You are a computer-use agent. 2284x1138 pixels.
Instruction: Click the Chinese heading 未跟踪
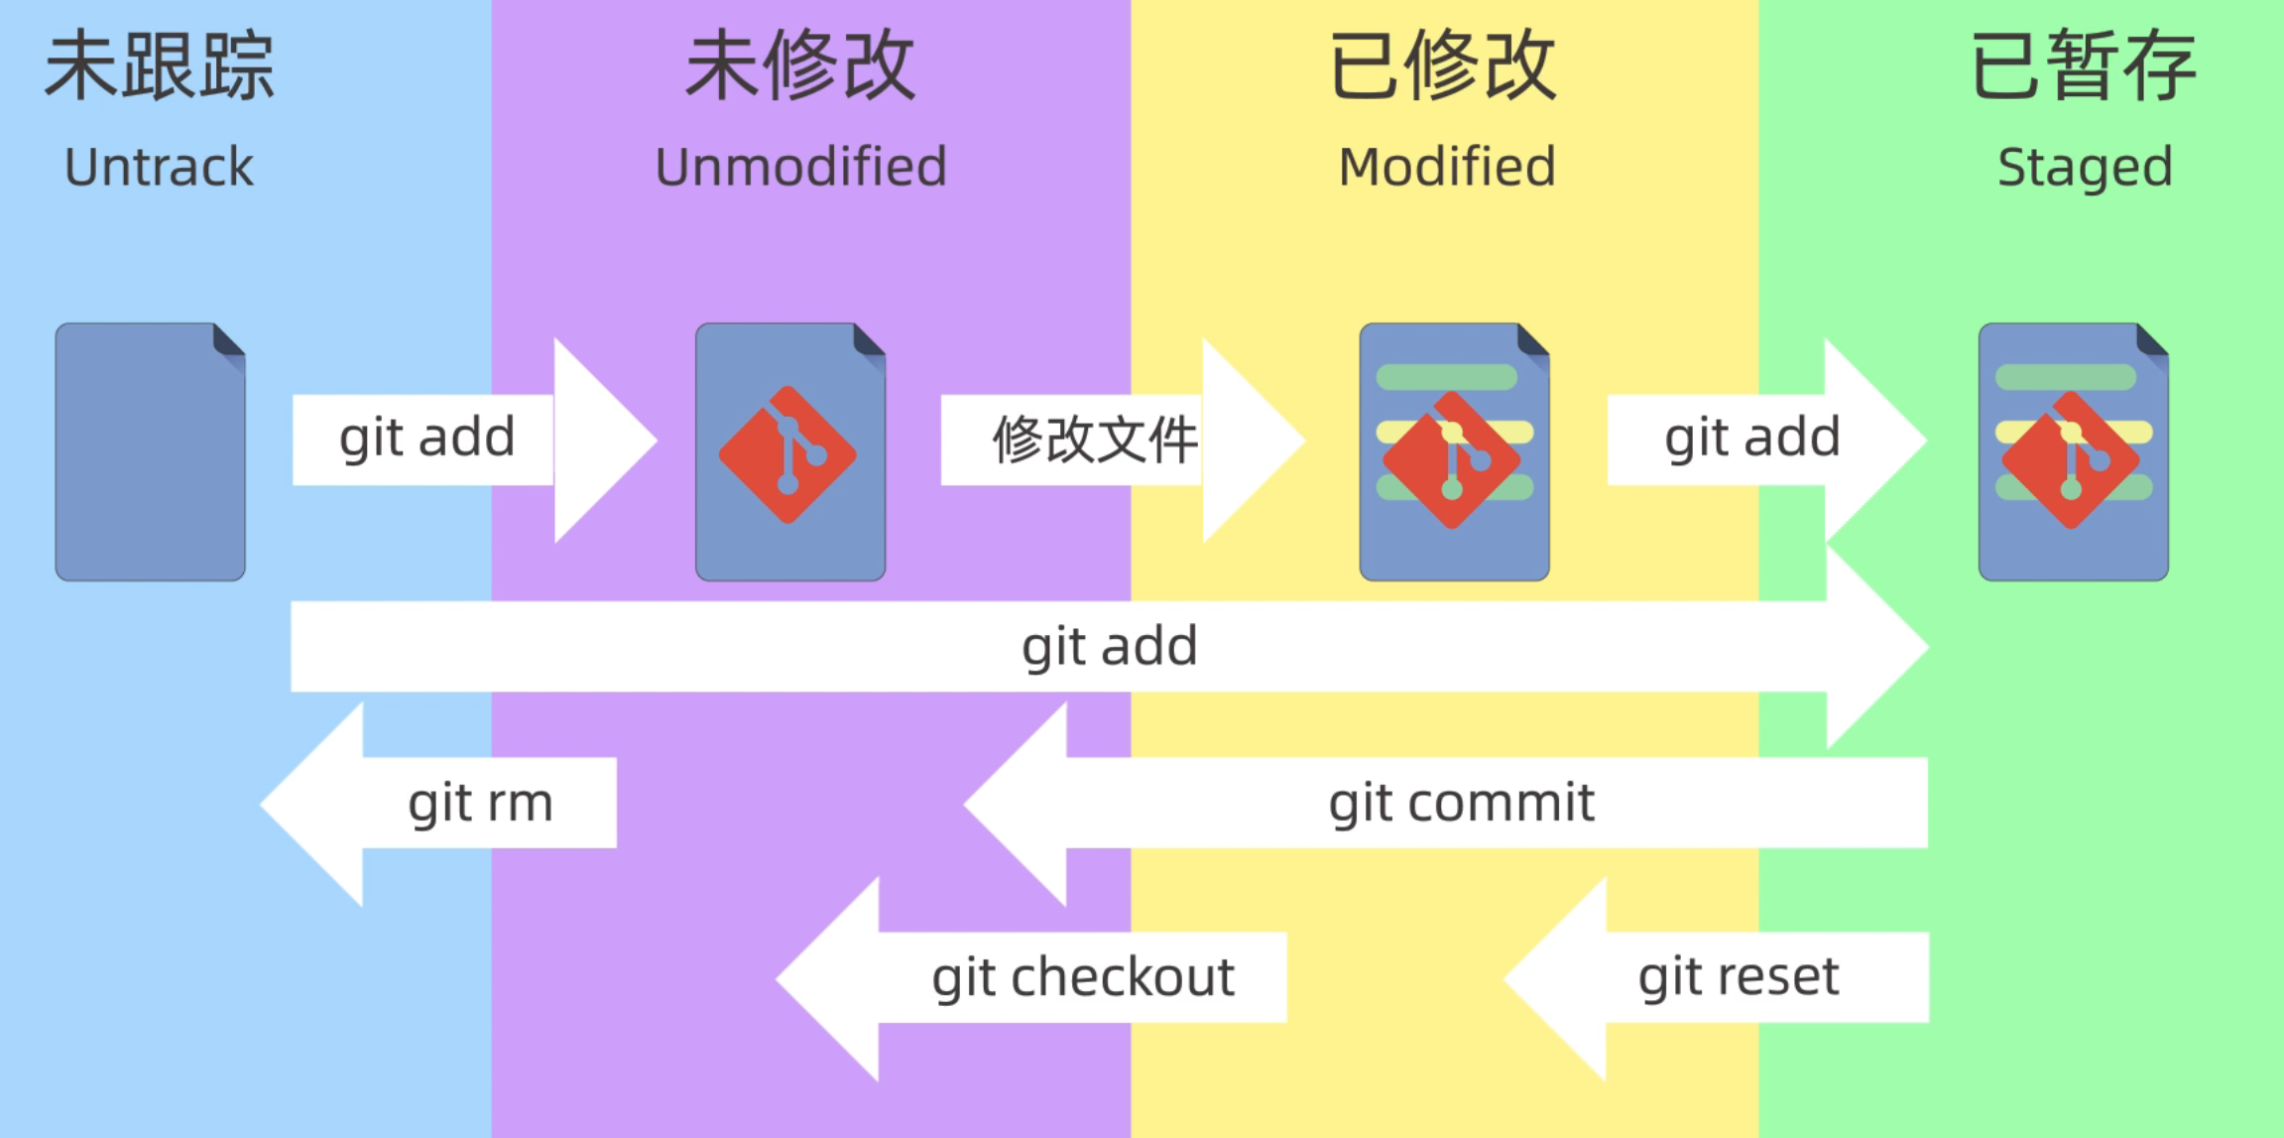[159, 66]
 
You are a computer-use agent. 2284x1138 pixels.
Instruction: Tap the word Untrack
[159, 167]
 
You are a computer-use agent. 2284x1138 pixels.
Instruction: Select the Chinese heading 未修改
[800, 66]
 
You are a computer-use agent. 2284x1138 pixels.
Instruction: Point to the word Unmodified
[800, 167]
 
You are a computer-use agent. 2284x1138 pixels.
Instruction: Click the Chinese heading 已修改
[1443, 66]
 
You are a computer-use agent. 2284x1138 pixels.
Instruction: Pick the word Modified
[1447, 167]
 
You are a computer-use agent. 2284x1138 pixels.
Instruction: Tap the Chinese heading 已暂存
[2083, 66]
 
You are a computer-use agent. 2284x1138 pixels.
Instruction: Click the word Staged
[2085, 167]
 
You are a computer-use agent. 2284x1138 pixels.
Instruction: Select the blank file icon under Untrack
[150, 451]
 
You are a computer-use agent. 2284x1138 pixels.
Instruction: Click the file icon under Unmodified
[790, 451]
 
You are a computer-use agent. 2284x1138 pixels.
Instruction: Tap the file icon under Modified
[1454, 451]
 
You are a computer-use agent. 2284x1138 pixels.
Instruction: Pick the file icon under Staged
[2073, 451]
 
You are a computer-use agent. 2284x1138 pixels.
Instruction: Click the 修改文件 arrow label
[1095, 440]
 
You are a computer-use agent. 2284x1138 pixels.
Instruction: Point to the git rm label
[480, 803]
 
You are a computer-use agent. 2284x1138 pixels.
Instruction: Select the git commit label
[1461, 803]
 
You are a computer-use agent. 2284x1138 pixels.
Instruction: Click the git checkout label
[1083, 977]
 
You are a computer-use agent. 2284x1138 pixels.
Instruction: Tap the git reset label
[1739, 977]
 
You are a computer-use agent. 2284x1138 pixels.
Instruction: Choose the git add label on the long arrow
[1110, 647]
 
